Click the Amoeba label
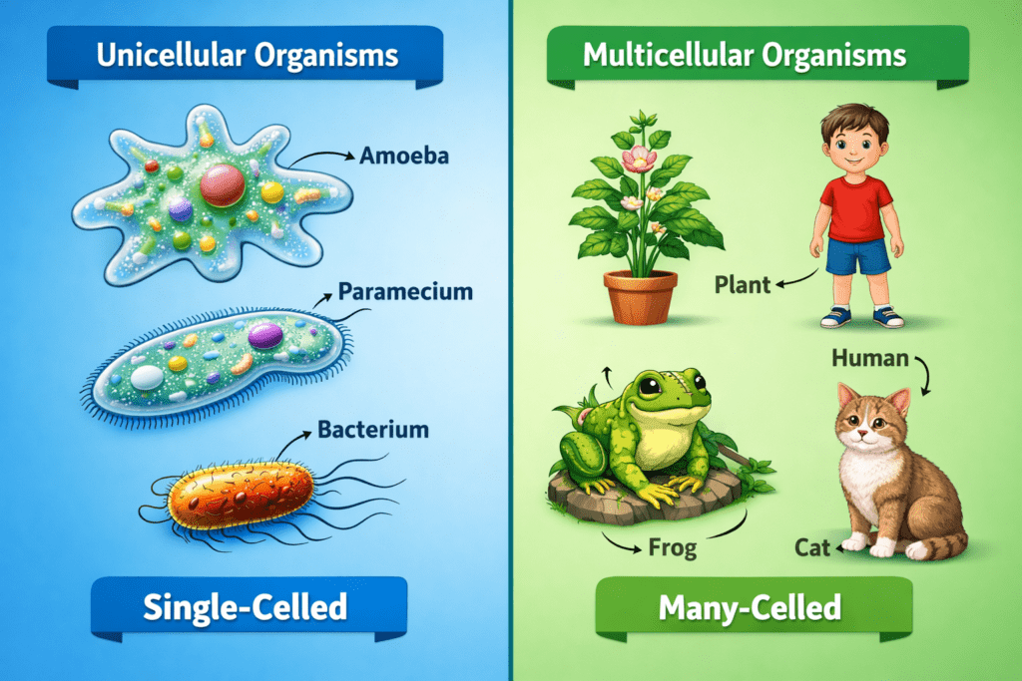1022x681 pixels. point(404,156)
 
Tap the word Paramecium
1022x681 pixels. point(405,292)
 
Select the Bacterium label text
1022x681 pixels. point(373,430)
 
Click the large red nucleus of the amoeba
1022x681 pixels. point(223,184)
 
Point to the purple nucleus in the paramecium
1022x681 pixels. point(265,335)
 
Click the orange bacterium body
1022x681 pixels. point(240,495)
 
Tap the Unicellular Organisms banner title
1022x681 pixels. point(248,55)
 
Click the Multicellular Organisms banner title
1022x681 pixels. point(745,55)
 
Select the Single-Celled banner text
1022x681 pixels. point(246,607)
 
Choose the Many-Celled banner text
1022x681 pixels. point(750,607)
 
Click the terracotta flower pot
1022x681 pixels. point(640,297)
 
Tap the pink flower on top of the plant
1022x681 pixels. point(640,159)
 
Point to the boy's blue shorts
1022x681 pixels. point(857,255)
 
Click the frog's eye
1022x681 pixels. point(652,386)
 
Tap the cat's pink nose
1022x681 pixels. point(862,433)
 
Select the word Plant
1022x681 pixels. point(743,284)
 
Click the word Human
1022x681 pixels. point(870,358)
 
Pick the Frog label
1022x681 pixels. point(673,547)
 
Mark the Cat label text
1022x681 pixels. point(812,548)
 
